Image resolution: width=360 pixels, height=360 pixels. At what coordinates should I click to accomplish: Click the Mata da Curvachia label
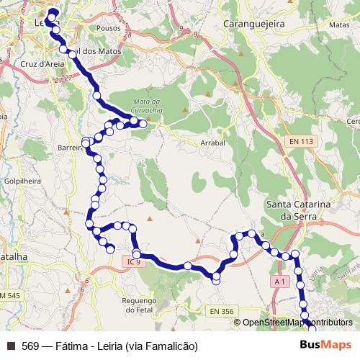(150, 105)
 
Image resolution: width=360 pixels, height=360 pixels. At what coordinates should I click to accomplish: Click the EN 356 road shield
(223, 311)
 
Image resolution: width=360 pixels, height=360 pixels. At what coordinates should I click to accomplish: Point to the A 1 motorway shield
(280, 279)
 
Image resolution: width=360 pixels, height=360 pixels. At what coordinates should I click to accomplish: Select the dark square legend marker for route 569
(10, 346)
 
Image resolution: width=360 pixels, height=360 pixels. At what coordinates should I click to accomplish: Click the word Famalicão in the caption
(171, 346)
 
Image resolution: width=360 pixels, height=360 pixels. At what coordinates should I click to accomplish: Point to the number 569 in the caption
(30, 346)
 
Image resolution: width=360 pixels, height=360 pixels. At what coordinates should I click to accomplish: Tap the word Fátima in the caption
(72, 346)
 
